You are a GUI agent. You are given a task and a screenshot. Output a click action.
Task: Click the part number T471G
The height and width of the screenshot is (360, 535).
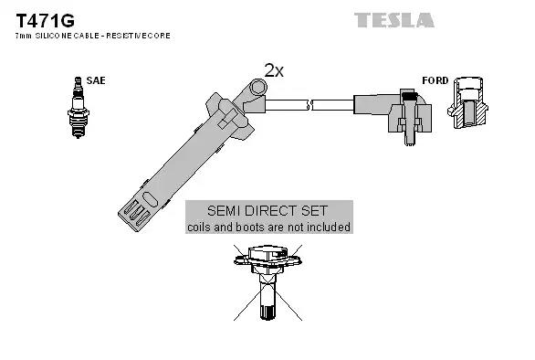pos(37,19)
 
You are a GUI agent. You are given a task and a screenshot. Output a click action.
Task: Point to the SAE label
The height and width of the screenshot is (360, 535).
pos(96,80)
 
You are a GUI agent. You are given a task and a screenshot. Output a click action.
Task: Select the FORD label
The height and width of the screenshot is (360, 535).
pos(435,80)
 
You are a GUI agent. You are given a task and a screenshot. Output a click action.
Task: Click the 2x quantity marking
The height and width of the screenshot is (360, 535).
pos(273,69)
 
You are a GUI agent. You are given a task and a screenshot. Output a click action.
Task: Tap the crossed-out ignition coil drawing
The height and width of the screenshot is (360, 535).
pos(268,274)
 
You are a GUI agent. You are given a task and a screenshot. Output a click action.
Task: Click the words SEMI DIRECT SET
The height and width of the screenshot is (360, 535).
pos(268,210)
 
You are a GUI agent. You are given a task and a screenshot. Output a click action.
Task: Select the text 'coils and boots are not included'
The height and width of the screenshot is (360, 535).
pos(268,227)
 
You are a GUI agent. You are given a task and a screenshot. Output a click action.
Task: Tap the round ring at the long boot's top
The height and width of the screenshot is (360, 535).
pos(257,88)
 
